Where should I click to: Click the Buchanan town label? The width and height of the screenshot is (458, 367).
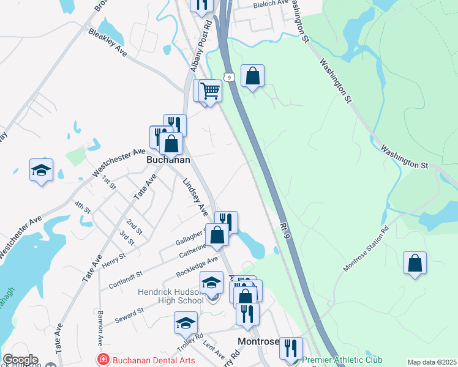point(168,160)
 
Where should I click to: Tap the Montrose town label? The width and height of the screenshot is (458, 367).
point(258,341)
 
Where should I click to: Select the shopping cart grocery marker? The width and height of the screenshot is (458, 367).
point(210,91)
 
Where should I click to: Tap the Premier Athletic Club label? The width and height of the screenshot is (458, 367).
point(342,360)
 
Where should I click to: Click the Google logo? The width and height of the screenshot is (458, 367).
point(20,359)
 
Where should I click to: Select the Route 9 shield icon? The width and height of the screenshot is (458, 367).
point(228,76)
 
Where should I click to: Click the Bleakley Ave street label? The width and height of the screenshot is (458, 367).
point(108,43)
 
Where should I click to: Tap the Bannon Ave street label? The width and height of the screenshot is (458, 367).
point(99,328)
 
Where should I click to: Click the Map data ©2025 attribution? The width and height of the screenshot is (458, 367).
point(431,362)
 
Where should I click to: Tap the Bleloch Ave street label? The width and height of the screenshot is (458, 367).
point(271,4)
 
